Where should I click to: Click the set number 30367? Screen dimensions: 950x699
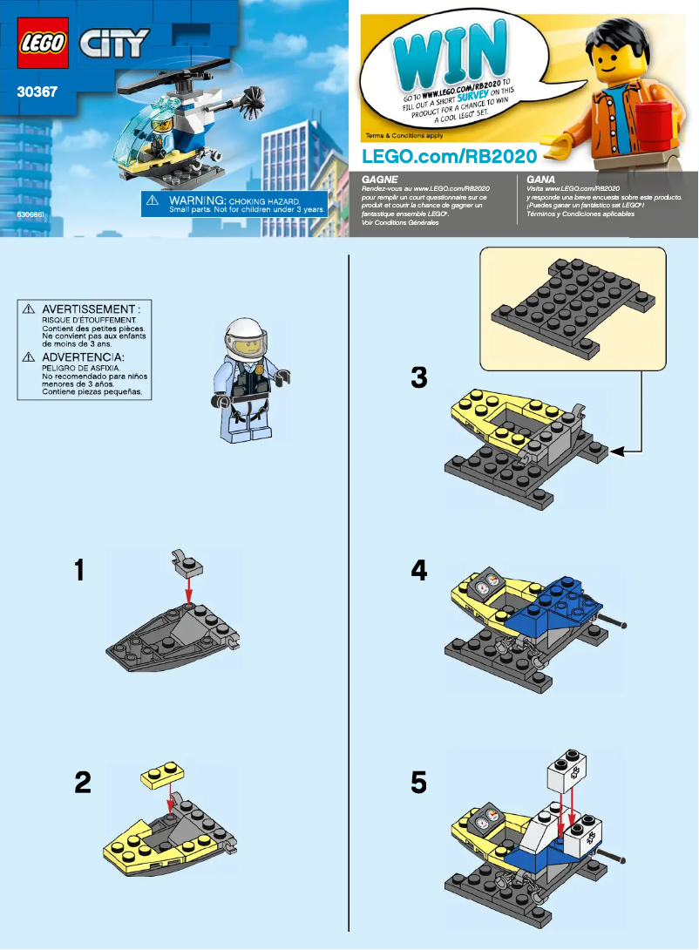point(37,89)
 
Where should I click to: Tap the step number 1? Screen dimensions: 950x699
point(80,571)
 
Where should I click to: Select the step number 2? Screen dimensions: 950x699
point(83,783)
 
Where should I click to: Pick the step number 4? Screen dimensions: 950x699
point(419,571)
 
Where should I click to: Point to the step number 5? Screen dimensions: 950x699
point(419,783)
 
